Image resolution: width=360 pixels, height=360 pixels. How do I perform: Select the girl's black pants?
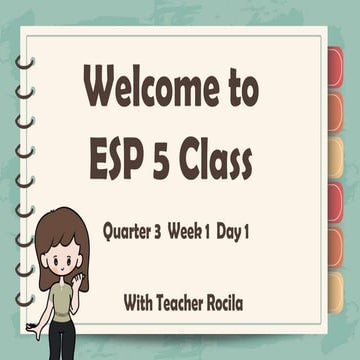pyautogui.click(x=62, y=340)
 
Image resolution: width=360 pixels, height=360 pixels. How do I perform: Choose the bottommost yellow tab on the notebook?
pyautogui.click(x=336, y=291)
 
